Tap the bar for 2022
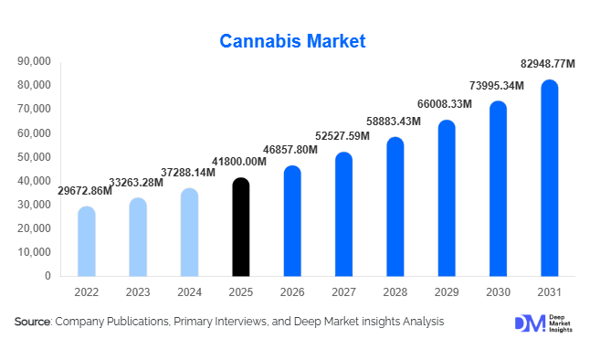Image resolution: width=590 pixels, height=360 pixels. coord(86,241)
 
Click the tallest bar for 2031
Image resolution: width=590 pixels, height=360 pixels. coord(549,178)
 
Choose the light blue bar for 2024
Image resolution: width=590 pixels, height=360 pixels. coord(189,232)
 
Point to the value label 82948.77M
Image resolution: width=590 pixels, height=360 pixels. coord(546,64)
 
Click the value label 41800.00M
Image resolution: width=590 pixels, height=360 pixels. coord(239,162)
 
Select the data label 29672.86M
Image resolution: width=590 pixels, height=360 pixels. coord(85,191)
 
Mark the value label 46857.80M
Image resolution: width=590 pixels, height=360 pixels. coord(290,149)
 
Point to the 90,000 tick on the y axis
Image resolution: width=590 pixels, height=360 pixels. coord(34,62)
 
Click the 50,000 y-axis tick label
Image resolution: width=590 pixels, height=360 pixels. coord(34,157)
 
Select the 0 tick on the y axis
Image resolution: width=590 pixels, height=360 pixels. coord(47,276)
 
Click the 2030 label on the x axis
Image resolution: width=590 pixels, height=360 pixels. coord(498,292)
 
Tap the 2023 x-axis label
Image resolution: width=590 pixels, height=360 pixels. coord(137,292)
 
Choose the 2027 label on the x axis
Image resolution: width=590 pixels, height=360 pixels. coord(343,292)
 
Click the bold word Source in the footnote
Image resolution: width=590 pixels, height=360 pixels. coord(32,322)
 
